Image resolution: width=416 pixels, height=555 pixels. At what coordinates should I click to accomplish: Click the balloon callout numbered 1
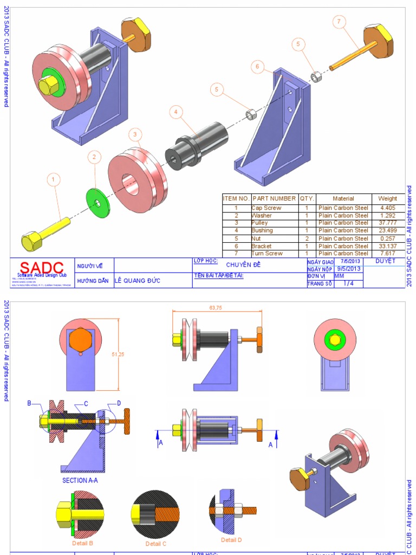[x=54, y=179]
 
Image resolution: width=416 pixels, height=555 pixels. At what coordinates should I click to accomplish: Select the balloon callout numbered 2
[x=94, y=157]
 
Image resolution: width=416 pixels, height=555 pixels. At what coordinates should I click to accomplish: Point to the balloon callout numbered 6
[x=258, y=67]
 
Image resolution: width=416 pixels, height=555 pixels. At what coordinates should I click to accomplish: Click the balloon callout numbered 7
[x=339, y=22]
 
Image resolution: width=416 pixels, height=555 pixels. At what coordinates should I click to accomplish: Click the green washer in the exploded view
[x=97, y=202]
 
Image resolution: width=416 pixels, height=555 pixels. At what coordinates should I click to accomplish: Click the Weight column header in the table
[x=387, y=198]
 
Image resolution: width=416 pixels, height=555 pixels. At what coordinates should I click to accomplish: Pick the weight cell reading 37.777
[x=387, y=223]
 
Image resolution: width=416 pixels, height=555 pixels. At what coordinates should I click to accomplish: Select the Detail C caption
[x=155, y=544]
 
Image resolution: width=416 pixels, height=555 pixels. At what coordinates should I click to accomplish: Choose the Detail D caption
[x=231, y=540]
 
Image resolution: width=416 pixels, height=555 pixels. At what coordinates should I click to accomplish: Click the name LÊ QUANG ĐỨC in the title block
[x=138, y=281]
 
